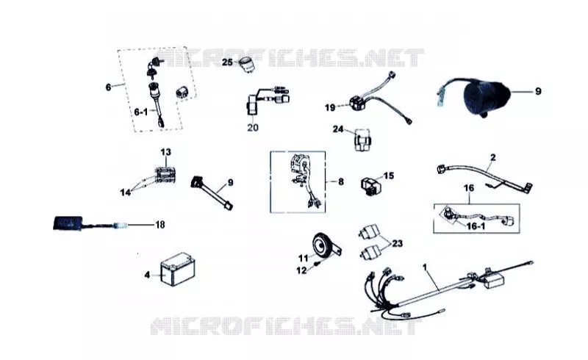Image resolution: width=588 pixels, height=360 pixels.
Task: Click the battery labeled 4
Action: [178, 269]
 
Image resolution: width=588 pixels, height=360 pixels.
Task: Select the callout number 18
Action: [160, 225]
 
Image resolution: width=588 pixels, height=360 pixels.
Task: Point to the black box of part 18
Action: [68, 223]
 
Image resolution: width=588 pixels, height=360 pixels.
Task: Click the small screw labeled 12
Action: [318, 264]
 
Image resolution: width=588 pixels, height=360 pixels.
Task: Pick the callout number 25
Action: [227, 62]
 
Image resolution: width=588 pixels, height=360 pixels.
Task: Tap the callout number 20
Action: [253, 128]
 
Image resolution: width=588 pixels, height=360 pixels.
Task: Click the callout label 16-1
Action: [476, 226]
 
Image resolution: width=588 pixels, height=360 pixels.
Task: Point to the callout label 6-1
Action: [141, 112]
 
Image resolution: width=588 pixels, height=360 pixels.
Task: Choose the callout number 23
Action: [398, 243]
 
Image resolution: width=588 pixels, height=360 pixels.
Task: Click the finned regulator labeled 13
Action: [165, 173]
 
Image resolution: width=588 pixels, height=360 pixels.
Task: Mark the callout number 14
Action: [125, 192]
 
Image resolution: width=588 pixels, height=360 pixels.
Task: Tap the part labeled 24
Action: [362, 140]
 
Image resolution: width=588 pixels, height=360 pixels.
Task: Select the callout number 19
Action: [330, 108]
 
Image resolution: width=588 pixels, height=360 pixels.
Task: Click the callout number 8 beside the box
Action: [340, 181]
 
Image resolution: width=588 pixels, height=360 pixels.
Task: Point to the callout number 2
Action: [493, 157]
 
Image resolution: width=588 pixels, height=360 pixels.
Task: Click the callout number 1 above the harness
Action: [425, 267]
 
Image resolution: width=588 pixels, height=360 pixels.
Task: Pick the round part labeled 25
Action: [246, 64]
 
